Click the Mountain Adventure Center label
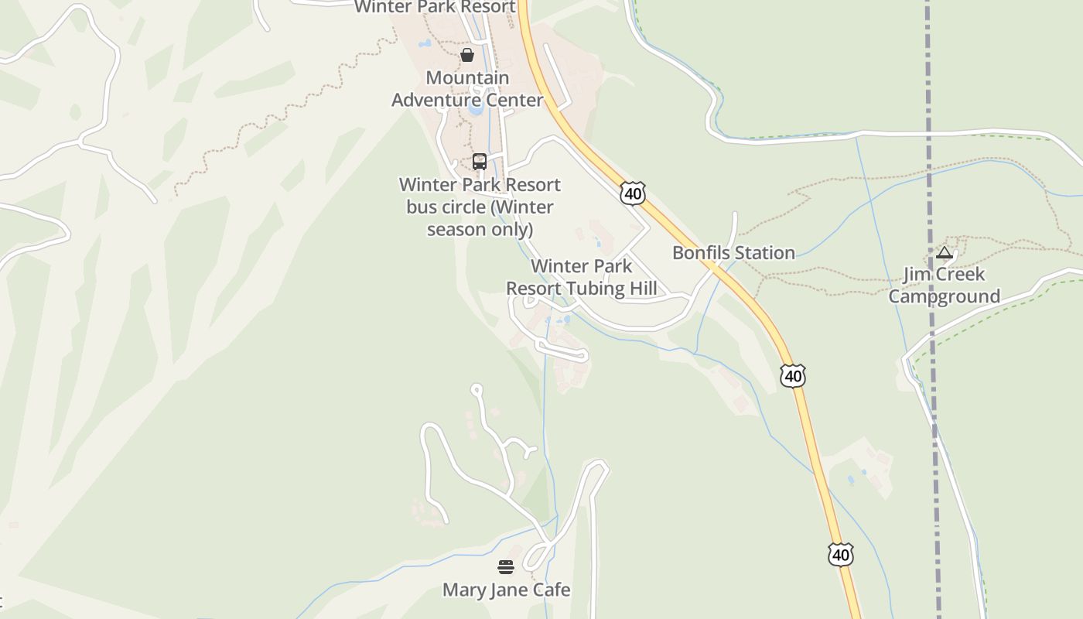coord(467,89)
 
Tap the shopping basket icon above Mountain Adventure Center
coord(467,55)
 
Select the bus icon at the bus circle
coord(480,162)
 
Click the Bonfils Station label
coord(733,253)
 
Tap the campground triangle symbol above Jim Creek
coord(944,252)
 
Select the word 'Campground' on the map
coord(944,296)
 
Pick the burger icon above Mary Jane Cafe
coord(506,568)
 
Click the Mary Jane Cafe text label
coord(506,590)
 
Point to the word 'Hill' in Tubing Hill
coord(642,289)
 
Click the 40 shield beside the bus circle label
coord(633,193)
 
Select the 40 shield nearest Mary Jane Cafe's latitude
coord(840,555)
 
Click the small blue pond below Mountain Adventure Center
coord(475,109)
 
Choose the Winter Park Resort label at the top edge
coord(435,7)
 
